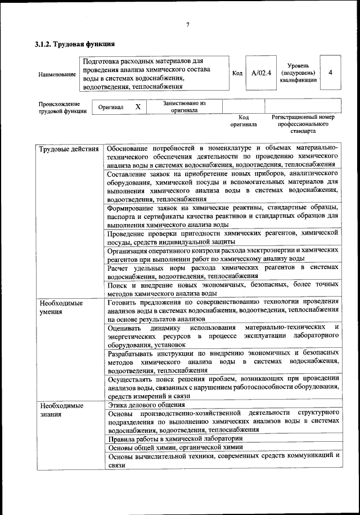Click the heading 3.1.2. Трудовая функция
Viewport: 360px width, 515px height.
click(75, 43)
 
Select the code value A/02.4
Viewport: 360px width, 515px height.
click(261, 73)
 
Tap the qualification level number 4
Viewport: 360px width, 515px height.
click(330, 73)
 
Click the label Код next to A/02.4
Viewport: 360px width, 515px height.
click(237, 73)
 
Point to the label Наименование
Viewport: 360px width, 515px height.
click(57, 74)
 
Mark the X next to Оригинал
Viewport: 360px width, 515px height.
click(138, 106)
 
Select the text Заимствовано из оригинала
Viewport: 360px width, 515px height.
click(184, 107)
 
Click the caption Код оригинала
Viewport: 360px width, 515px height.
click(243, 120)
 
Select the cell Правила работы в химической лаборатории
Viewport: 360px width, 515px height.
click(175, 438)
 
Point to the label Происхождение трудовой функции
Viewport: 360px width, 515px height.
click(62, 107)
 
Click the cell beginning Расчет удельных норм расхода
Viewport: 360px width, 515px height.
click(223, 271)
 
